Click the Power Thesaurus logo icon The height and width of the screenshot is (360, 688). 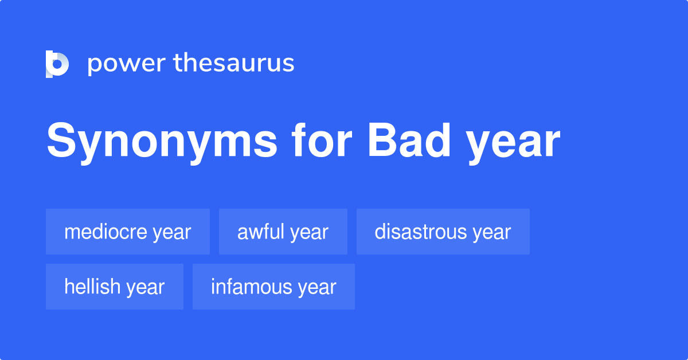click(x=57, y=64)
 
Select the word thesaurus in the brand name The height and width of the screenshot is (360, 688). click(x=234, y=63)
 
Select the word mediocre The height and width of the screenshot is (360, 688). click(x=106, y=232)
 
